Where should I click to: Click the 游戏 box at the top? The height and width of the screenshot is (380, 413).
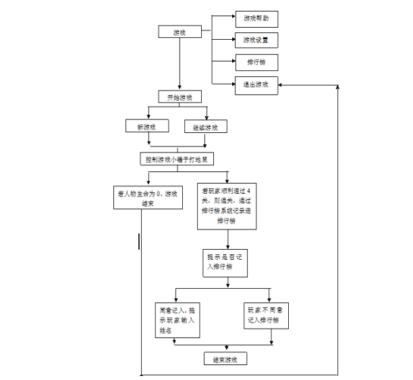click(x=179, y=32)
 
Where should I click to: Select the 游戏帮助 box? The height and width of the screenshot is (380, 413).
click(x=256, y=19)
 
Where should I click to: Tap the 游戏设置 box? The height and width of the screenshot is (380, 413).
click(x=256, y=40)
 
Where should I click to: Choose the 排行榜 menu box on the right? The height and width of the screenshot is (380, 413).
click(x=256, y=62)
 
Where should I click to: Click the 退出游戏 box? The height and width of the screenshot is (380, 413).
click(x=256, y=85)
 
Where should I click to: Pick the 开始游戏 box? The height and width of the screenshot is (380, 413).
click(x=180, y=97)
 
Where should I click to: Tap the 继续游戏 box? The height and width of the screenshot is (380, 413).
click(x=206, y=126)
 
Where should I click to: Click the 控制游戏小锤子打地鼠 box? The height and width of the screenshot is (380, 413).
click(x=179, y=159)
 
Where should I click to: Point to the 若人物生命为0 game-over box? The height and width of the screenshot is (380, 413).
click(x=147, y=198)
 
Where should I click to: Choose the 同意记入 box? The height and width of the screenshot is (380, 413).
click(x=176, y=321)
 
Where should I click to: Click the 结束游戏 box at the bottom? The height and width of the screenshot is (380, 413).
click(x=225, y=358)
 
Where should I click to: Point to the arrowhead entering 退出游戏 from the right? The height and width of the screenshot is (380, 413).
click(x=282, y=85)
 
